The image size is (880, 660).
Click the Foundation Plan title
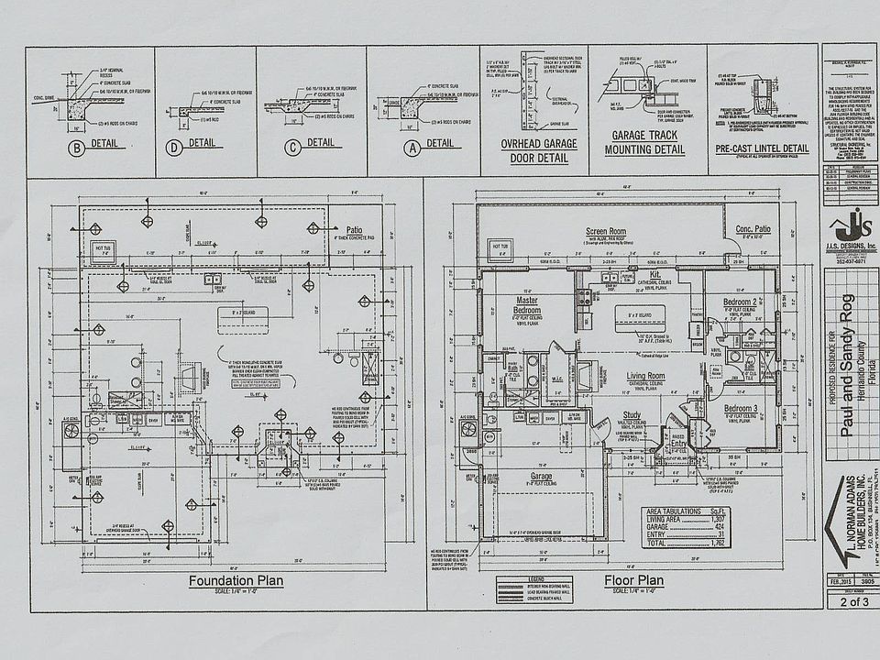(x=236, y=580)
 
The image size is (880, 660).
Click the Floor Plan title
(x=633, y=580)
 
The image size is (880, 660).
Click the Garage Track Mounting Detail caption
(x=646, y=142)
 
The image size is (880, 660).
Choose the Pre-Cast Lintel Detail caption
(x=763, y=148)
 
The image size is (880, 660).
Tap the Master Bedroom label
(x=526, y=305)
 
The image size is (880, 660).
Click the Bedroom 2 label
(x=739, y=302)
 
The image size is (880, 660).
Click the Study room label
(x=632, y=415)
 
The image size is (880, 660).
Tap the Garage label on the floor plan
(x=540, y=476)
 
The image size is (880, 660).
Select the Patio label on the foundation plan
(x=355, y=230)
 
